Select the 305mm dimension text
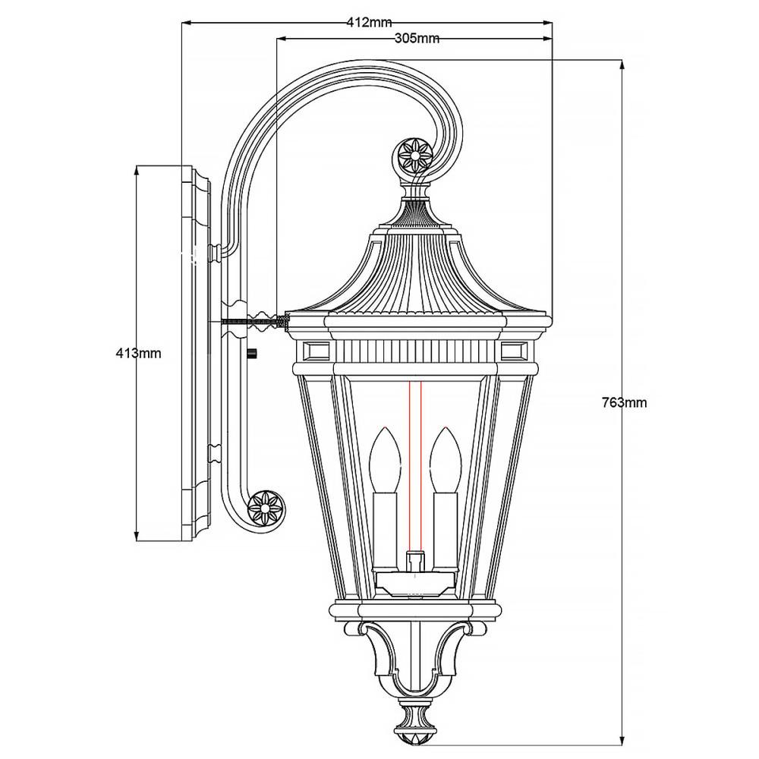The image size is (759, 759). pos(417,39)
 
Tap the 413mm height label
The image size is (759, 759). pos(138,353)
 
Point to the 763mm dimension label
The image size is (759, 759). pos(624,403)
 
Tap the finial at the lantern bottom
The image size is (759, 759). pos(414,724)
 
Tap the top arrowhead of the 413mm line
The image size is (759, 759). pos(136,170)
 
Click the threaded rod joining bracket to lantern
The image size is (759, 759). pos(254,322)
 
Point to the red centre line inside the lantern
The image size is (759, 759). pos(414,471)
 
